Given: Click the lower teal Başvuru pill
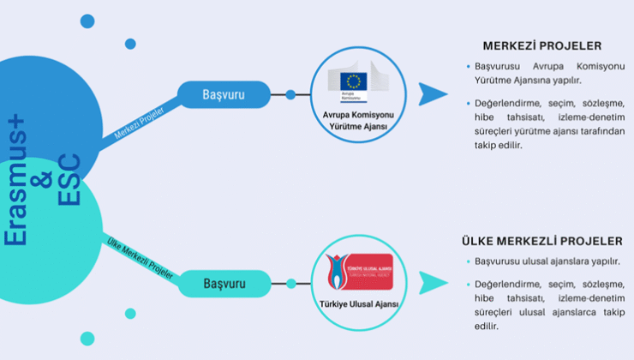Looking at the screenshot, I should pyautogui.click(x=224, y=283).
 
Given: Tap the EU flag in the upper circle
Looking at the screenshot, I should pyautogui.click(x=353, y=81).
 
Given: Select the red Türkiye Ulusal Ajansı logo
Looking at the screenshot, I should pyautogui.click(x=360, y=272).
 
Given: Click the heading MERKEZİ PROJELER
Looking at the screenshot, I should pyautogui.click(x=542, y=45).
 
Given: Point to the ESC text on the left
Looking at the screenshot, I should pyautogui.click(x=69, y=180).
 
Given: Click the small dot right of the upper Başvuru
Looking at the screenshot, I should pyautogui.click(x=290, y=94).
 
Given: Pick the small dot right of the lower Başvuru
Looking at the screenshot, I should pyautogui.click(x=291, y=283).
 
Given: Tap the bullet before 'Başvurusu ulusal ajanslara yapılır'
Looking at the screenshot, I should pyautogui.click(x=467, y=261).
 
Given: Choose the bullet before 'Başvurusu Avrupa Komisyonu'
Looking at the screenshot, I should pyautogui.click(x=467, y=66).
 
